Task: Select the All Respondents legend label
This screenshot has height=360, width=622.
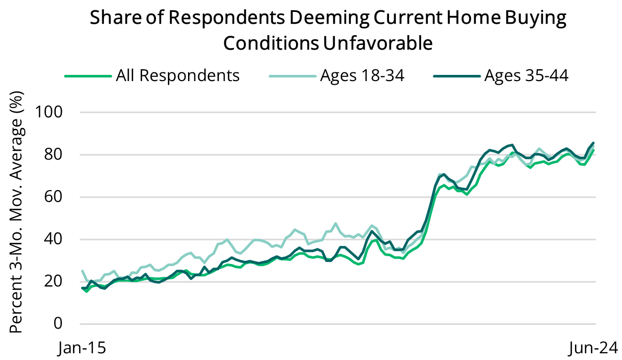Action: click(178, 75)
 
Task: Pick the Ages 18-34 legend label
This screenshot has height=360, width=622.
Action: click(362, 75)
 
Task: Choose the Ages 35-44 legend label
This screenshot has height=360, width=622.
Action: click(526, 75)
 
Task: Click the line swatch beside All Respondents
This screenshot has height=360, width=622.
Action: click(88, 76)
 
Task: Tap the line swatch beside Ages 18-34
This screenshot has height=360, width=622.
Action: click(292, 76)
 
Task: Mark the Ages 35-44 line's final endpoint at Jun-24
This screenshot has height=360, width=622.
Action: click(593, 143)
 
